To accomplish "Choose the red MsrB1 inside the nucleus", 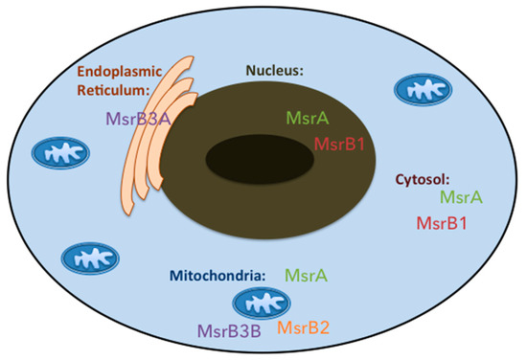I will pyautogui.click(x=340, y=145).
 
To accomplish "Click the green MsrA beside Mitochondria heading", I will pyautogui.click(x=308, y=276).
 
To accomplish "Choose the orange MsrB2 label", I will pyautogui.click(x=304, y=327).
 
